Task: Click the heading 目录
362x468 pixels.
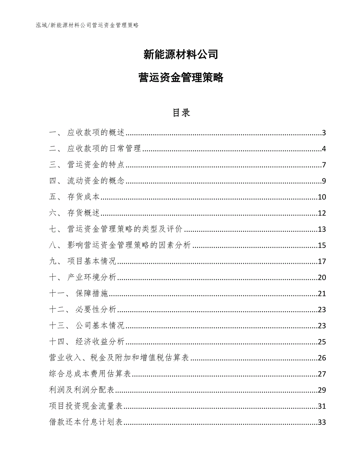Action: click(x=181, y=113)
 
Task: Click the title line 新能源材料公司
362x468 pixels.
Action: click(x=181, y=55)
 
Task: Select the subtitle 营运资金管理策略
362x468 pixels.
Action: click(x=181, y=78)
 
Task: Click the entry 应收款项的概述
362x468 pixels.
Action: click(x=96, y=133)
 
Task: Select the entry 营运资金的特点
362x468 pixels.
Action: click(x=96, y=165)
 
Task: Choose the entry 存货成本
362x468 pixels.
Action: click(x=84, y=197)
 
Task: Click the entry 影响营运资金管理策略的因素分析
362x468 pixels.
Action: click(x=129, y=246)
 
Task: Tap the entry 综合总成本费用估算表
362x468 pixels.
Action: click(x=90, y=374)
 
